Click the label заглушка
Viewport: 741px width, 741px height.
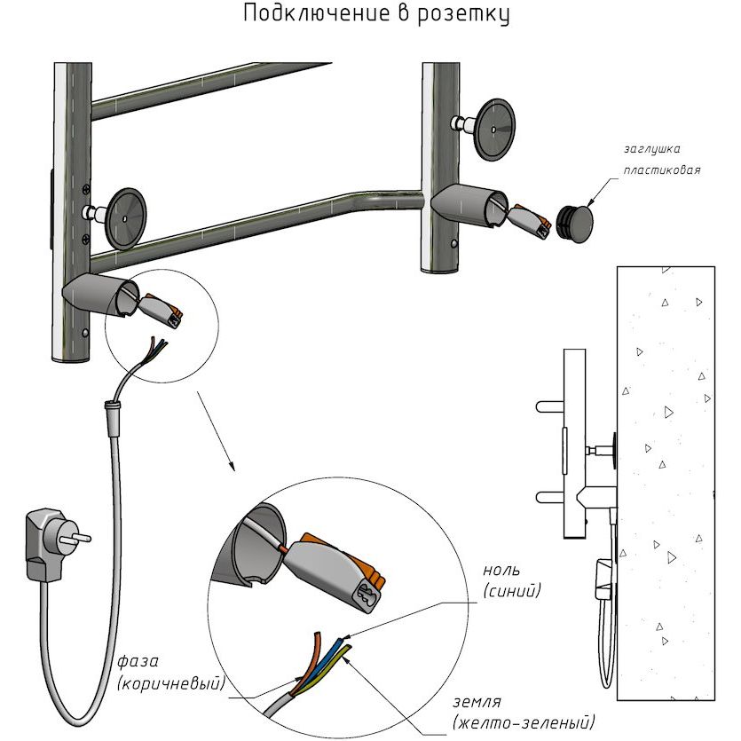coord(652,148)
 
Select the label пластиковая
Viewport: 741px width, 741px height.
coord(662,169)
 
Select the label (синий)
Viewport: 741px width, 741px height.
coord(512,590)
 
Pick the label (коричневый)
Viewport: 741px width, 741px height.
coord(169,683)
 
